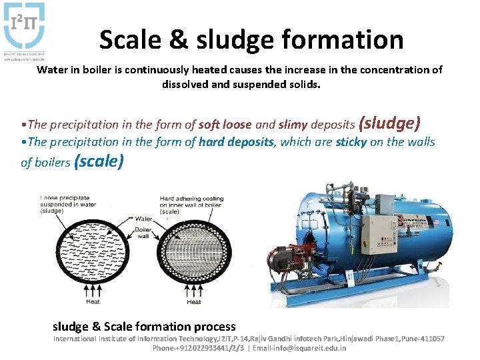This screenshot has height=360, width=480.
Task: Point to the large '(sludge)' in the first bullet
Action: [x=389, y=123]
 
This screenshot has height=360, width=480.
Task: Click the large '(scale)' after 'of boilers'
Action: [x=99, y=161]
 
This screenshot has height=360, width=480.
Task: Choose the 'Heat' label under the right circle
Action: [x=194, y=302]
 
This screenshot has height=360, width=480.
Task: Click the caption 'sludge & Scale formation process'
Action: [x=144, y=327]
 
